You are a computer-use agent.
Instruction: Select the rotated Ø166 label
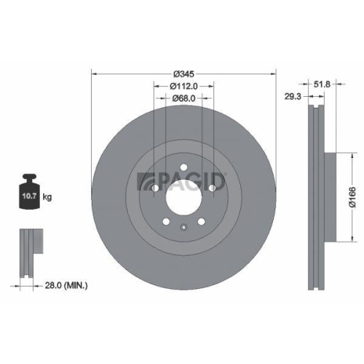click(351, 197)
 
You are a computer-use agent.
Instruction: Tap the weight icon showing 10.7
click(29, 192)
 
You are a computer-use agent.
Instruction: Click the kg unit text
click(47, 197)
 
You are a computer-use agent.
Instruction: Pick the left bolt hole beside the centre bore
click(155, 190)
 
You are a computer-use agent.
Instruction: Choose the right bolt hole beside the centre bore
click(212, 190)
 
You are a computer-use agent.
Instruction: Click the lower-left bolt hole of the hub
click(166, 222)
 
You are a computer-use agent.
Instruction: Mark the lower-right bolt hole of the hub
click(201, 222)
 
